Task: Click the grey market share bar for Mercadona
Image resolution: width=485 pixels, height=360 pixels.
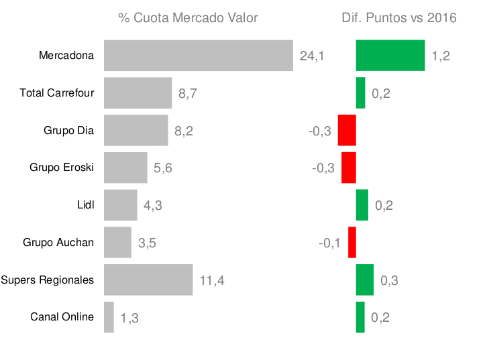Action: (199, 55)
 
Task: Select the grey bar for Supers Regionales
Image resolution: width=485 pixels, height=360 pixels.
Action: (148, 280)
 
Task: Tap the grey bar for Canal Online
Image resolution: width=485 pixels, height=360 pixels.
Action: (109, 317)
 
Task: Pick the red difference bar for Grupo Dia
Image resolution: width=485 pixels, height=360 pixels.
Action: (347, 130)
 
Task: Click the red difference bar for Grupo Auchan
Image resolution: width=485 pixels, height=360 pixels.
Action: (352, 242)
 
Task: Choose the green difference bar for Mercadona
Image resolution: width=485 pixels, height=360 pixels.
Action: (390, 55)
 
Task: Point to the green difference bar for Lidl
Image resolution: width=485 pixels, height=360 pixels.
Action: (362, 205)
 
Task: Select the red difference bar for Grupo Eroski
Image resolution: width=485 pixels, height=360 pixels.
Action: (348, 168)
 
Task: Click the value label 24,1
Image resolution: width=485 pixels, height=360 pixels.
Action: (312, 56)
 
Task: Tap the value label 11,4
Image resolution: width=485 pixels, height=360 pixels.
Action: (211, 281)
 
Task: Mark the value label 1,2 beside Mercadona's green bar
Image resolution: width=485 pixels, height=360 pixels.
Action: (441, 56)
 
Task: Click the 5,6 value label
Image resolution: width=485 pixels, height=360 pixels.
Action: (163, 168)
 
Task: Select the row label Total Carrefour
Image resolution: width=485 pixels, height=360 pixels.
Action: (57, 93)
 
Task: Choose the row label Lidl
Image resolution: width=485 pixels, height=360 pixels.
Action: (86, 205)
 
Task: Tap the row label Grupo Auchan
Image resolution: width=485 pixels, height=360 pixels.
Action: (58, 243)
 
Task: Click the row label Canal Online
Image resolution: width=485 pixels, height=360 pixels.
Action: (62, 317)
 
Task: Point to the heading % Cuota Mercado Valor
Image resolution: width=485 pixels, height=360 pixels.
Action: (188, 18)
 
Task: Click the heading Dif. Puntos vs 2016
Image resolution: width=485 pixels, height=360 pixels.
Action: (399, 18)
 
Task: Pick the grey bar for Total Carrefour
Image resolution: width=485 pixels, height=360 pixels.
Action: (138, 93)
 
